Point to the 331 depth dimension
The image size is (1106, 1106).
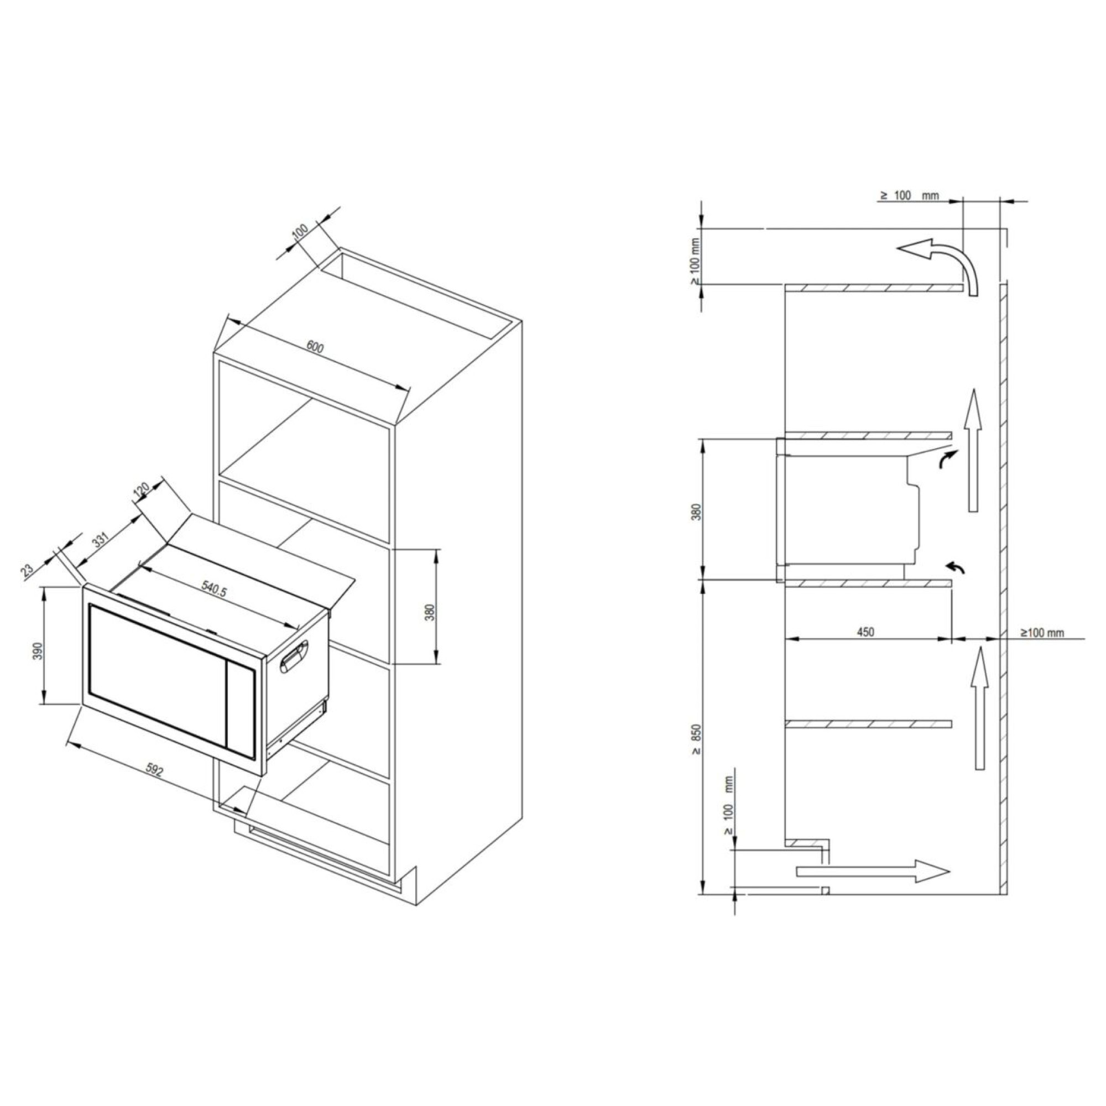100,541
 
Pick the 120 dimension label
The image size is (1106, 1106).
141,489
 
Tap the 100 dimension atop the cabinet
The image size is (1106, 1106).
300,231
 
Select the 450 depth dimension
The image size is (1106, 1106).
865,632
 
